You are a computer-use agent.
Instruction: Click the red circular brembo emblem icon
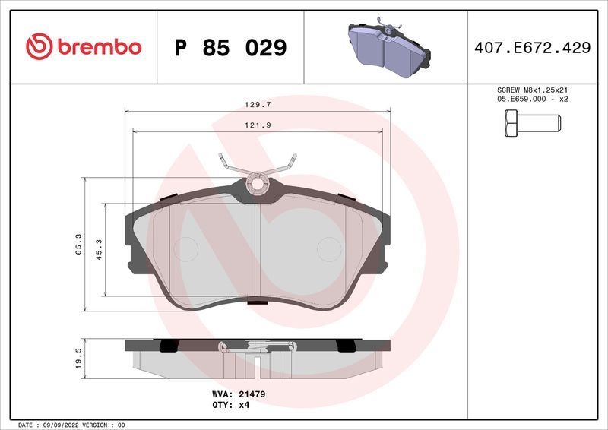pos(39,47)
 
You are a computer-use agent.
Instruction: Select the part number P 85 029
pos(230,48)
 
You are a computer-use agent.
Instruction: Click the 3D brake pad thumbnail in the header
pos(388,47)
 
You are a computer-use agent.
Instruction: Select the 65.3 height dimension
pos(79,245)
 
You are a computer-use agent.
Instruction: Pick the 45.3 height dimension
pos(99,249)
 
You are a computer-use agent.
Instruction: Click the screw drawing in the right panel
pos(532,123)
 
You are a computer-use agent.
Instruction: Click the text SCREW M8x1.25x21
pos(532,90)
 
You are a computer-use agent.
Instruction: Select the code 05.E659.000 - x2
pos(532,99)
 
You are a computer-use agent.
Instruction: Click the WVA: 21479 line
pos(238,395)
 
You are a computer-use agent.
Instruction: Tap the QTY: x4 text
pos(231,405)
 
